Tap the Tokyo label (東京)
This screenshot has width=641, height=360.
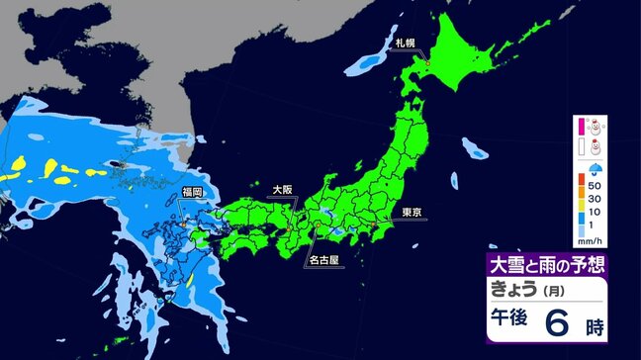point(412,211)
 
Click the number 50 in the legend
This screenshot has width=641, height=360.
point(596,185)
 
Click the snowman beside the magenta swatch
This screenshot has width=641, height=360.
point(595,126)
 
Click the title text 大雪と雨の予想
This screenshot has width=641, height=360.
point(545,264)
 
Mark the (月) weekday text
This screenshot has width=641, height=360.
point(559,290)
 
